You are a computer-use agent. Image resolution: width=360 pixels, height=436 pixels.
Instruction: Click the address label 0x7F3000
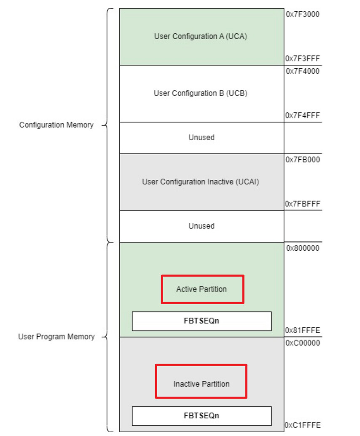(303, 14)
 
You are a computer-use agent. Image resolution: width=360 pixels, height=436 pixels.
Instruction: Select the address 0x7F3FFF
(303, 59)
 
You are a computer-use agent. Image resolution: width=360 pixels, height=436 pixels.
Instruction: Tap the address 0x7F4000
(303, 71)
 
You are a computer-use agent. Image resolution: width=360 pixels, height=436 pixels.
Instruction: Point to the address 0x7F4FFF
(303, 115)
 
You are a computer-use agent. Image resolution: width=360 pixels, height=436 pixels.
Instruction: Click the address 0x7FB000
(303, 160)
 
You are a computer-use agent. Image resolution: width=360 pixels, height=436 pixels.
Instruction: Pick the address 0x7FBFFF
(303, 204)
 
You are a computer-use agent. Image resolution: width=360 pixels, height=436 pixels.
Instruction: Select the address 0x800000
(303, 248)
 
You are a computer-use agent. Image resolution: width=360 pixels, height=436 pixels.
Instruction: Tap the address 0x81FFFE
(303, 330)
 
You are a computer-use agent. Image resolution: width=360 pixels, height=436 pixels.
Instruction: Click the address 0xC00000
(303, 343)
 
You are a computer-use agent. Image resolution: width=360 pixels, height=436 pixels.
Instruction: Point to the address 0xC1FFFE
(303, 425)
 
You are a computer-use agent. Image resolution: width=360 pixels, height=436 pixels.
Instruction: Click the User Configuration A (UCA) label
(201, 36)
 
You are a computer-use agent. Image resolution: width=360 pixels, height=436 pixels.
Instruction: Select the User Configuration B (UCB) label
(201, 93)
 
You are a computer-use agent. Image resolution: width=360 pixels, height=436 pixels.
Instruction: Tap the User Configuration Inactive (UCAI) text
(201, 182)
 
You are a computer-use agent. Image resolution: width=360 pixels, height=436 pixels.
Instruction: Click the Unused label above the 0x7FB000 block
(201, 137)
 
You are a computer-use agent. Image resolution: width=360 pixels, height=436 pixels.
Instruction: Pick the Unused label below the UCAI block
(201, 226)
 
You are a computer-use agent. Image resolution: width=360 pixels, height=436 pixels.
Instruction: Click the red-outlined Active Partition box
(202, 289)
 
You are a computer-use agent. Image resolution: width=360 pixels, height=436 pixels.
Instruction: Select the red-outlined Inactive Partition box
(201, 381)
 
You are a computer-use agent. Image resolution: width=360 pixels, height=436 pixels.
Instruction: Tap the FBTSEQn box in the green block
(201, 321)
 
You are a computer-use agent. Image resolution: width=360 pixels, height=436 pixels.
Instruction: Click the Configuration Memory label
(56, 125)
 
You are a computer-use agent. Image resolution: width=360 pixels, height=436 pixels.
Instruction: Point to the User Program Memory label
(56, 337)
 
